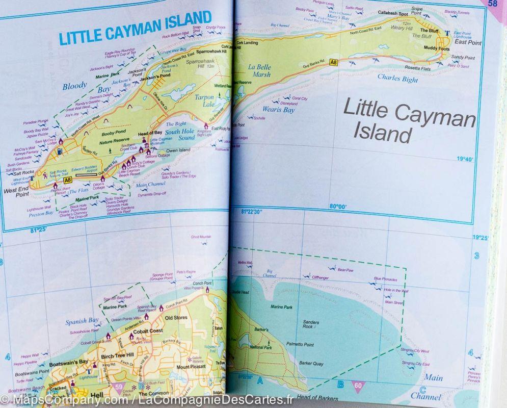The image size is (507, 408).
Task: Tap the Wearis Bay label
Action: [x=278, y=109]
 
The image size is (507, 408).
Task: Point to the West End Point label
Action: [x=16, y=191]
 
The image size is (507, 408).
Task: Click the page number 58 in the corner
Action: [x=492, y=4]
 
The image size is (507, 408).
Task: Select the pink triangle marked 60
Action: [x=358, y=386]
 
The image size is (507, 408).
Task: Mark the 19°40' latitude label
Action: [x=465, y=159]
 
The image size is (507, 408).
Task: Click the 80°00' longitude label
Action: [x=338, y=207]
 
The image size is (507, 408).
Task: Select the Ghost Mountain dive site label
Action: [x=201, y=237]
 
